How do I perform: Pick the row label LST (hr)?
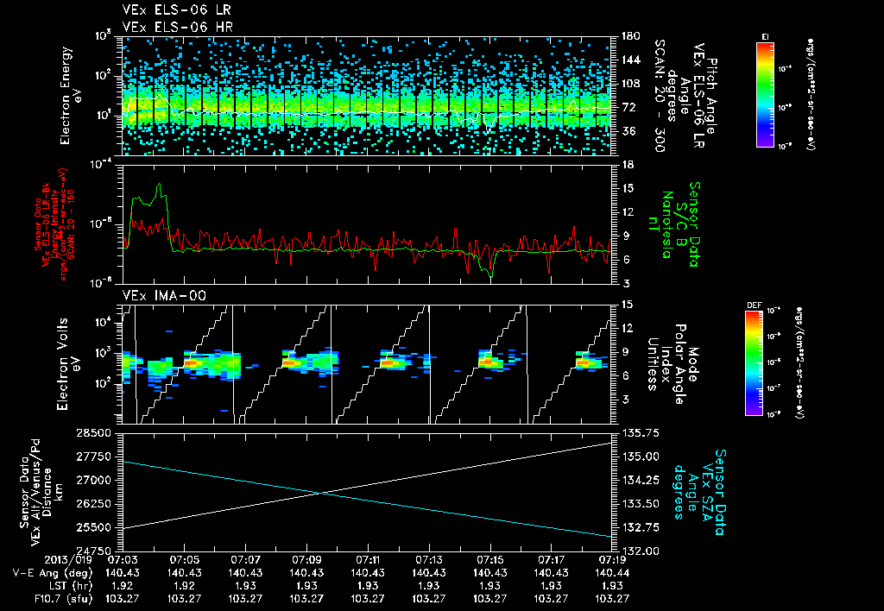[44, 585]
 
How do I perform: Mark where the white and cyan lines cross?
[319, 493]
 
